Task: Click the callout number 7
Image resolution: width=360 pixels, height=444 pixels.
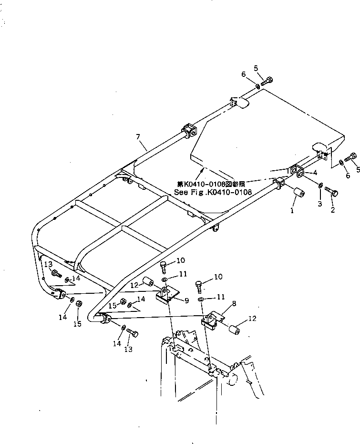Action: pyautogui.click(x=138, y=137)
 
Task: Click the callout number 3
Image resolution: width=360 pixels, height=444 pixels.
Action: pyautogui.click(x=320, y=204)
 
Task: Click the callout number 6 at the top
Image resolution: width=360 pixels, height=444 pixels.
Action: pyautogui.click(x=244, y=74)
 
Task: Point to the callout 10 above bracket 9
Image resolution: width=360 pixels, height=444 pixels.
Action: pyautogui.click(x=180, y=260)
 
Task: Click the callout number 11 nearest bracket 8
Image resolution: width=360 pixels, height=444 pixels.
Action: pyautogui.click(x=220, y=297)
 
